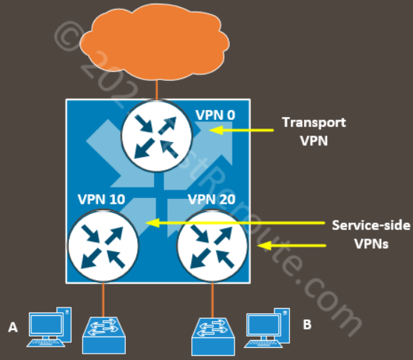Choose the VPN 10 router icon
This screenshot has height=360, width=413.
click(x=101, y=244)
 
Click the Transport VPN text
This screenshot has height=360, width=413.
click(x=313, y=131)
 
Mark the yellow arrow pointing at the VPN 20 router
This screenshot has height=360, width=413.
click(x=291, y=246)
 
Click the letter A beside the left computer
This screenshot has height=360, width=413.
click(x=13, y=327)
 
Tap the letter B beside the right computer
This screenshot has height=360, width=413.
click(x=307, y=324)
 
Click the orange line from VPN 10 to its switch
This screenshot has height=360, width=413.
click(x=103, y=299)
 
